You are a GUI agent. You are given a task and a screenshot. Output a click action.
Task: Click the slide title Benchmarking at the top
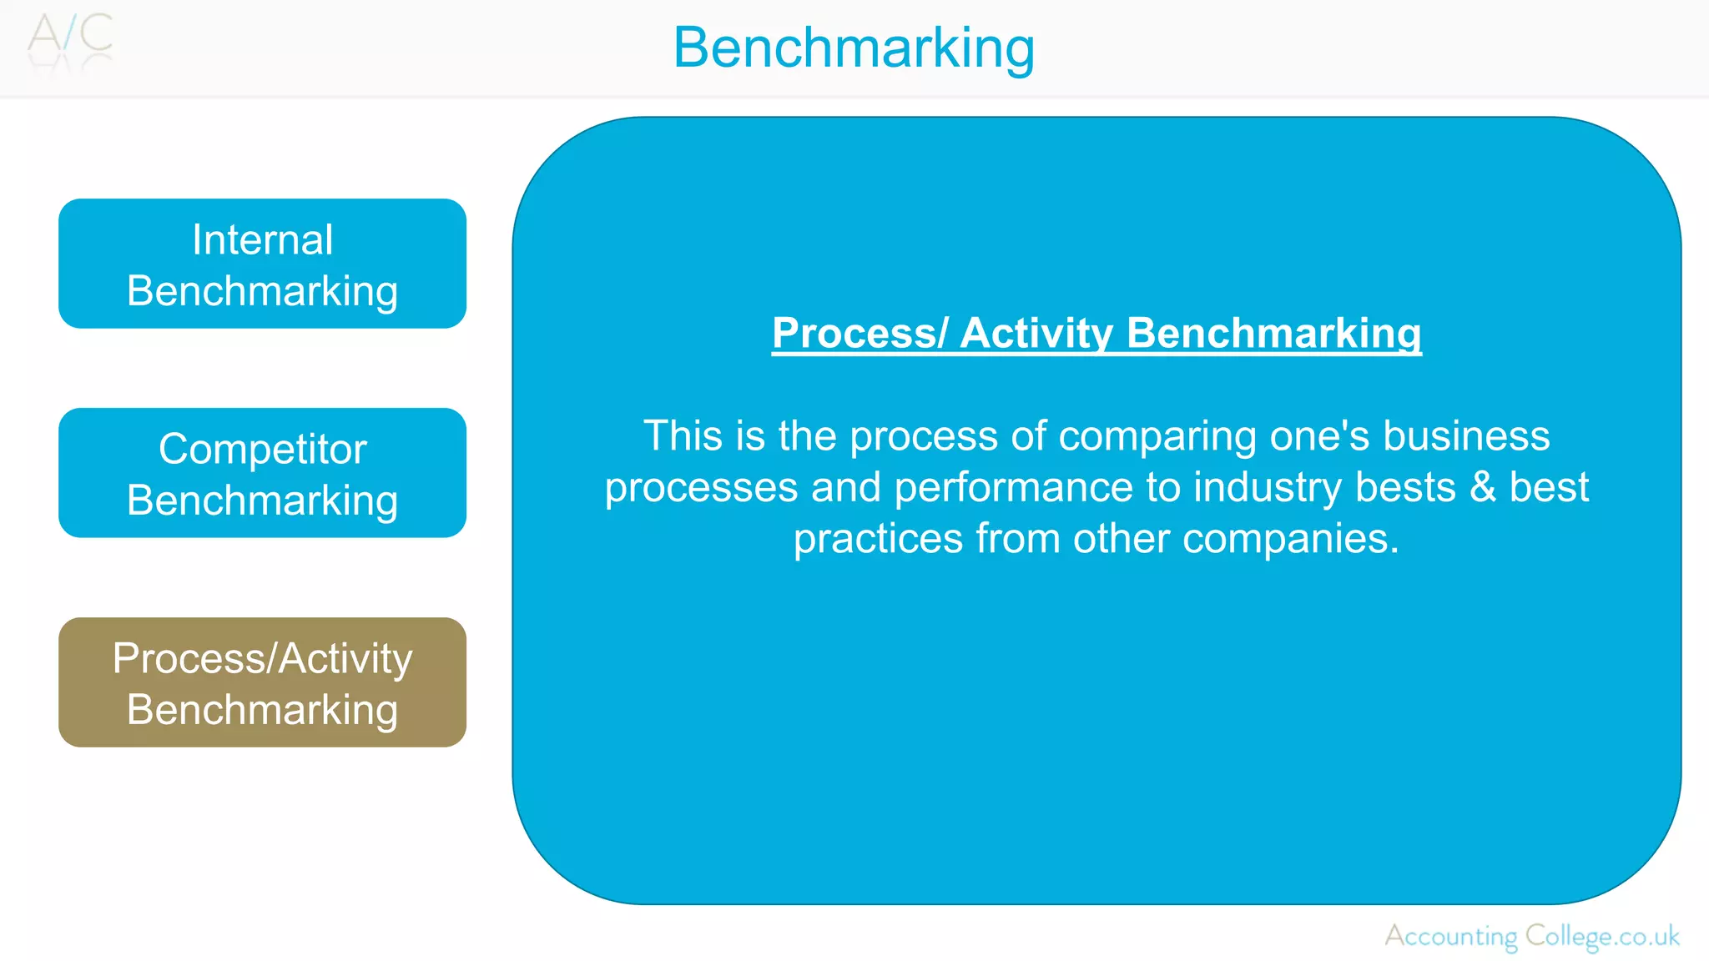[x=854, y=48]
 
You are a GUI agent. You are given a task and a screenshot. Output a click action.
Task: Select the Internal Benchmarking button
[x=262, y=264]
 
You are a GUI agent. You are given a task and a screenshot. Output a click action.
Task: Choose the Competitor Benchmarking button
[x=262, y=473]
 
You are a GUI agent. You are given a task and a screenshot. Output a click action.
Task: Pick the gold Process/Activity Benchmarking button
[x=262, y=682]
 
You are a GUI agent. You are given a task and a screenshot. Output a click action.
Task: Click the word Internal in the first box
[x=262, y=240]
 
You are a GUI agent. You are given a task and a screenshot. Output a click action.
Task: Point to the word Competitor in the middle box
[x=262, y=450]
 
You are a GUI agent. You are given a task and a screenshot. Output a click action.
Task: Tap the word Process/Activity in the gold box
[x=262, y=658]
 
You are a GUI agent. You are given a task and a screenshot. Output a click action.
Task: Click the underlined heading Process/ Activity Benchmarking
[x=1096, y=333]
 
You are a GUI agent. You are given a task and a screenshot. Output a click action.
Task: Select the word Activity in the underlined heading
[x=1036, y=333]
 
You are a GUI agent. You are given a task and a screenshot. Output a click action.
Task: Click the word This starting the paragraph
[x=682, y=435]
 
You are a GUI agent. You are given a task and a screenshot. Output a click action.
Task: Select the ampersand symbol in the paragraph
[x=1482, y=487]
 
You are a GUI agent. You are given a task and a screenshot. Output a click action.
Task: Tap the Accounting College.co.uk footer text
[x=1532, y=936]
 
